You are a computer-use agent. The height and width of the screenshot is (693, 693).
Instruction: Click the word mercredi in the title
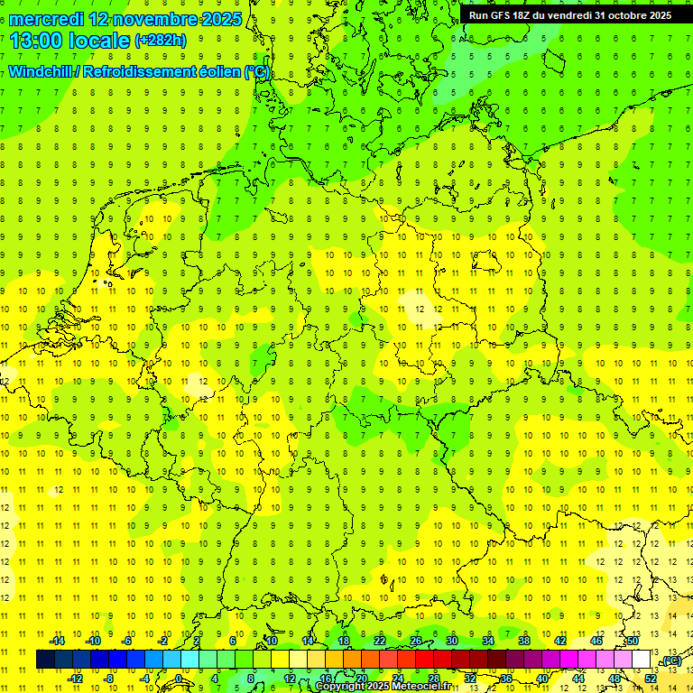pos(46,19)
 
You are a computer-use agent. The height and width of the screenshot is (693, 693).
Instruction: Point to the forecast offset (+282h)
pos(160,41)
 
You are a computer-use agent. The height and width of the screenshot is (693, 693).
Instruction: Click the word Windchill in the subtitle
pos(41,72)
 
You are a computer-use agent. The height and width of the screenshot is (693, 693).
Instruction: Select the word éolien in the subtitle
pos(220,72)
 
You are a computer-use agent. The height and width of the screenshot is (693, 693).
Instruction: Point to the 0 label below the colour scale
pos(179,679)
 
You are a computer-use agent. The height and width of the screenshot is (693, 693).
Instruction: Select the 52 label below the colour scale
pos(651,679)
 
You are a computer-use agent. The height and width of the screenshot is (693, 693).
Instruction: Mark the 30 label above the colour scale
pos(451,641)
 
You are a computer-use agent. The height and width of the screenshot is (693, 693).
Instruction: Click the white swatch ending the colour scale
pos(642,660)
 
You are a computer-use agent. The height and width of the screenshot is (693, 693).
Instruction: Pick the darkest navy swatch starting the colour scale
pos(46,660)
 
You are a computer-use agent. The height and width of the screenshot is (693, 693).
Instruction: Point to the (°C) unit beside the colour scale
pos(670,661)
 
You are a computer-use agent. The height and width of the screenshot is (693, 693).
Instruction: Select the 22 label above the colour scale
pos(380,641)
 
